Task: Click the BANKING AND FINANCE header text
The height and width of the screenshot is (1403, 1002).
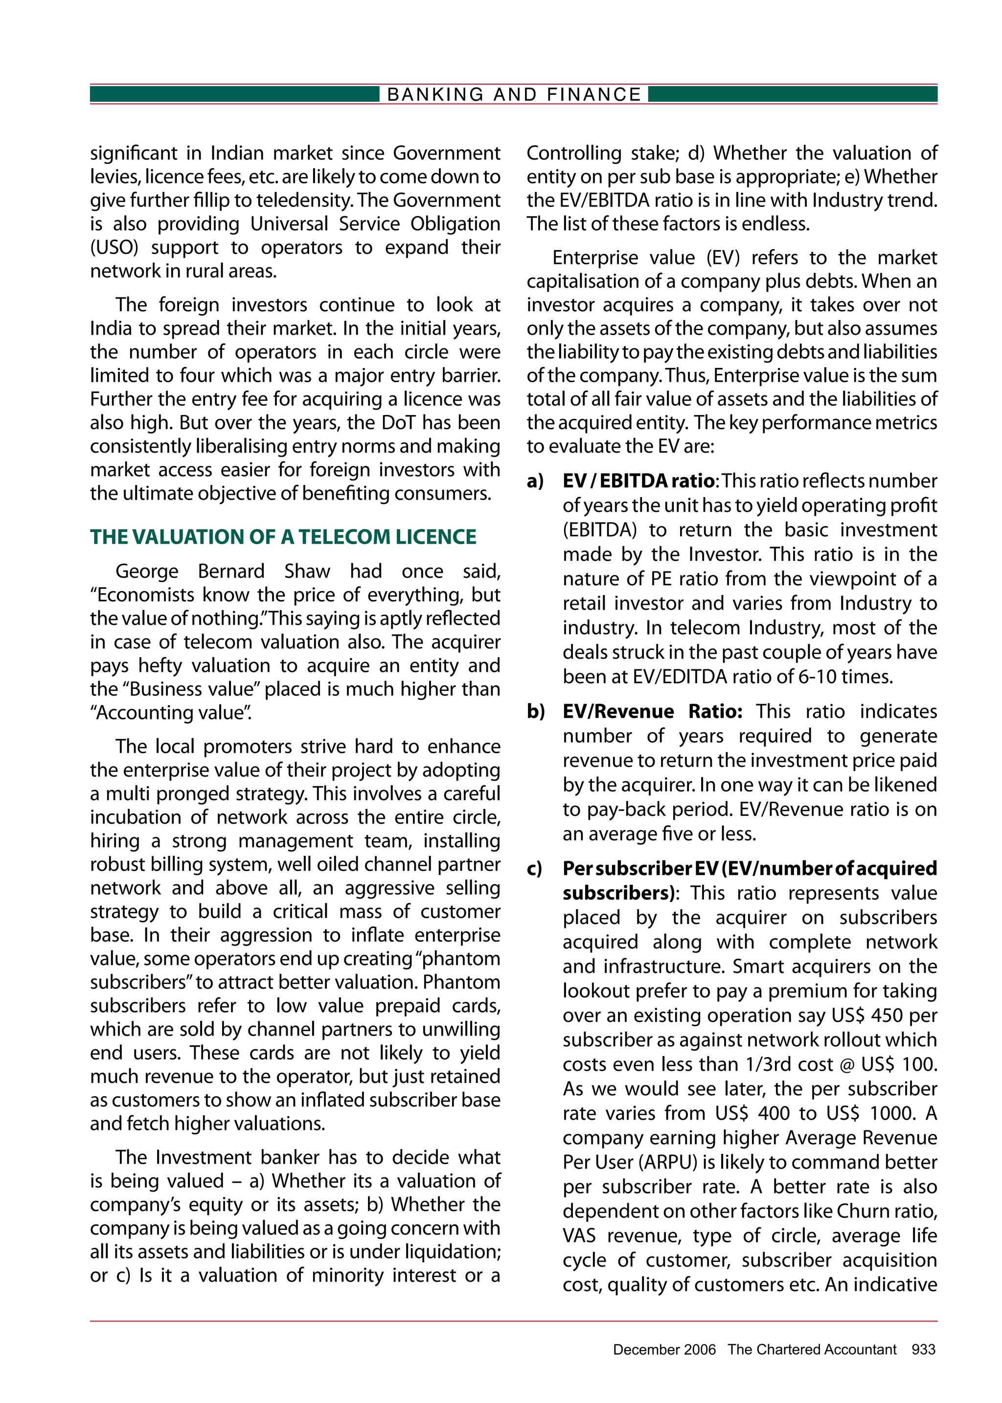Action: [x=513, y=94]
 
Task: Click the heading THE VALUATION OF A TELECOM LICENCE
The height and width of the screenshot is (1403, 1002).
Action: [x=283, y=537]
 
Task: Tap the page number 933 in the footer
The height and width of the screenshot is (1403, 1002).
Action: [x=923, y=1349]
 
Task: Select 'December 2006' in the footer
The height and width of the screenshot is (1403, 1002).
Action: [x=664, y=1349]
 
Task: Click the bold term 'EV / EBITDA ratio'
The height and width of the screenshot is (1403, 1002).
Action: [x=638, y=481]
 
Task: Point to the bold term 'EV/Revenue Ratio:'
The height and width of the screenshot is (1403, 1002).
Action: [x=652, y=712]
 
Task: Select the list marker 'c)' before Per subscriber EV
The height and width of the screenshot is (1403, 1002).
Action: [x=534, y=869]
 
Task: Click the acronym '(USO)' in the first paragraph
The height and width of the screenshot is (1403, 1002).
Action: [x=114, y=248]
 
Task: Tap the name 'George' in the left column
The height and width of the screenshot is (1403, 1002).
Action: [x=147, y=571]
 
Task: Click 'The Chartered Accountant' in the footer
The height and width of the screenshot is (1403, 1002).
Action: [x=811, y=1349]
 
